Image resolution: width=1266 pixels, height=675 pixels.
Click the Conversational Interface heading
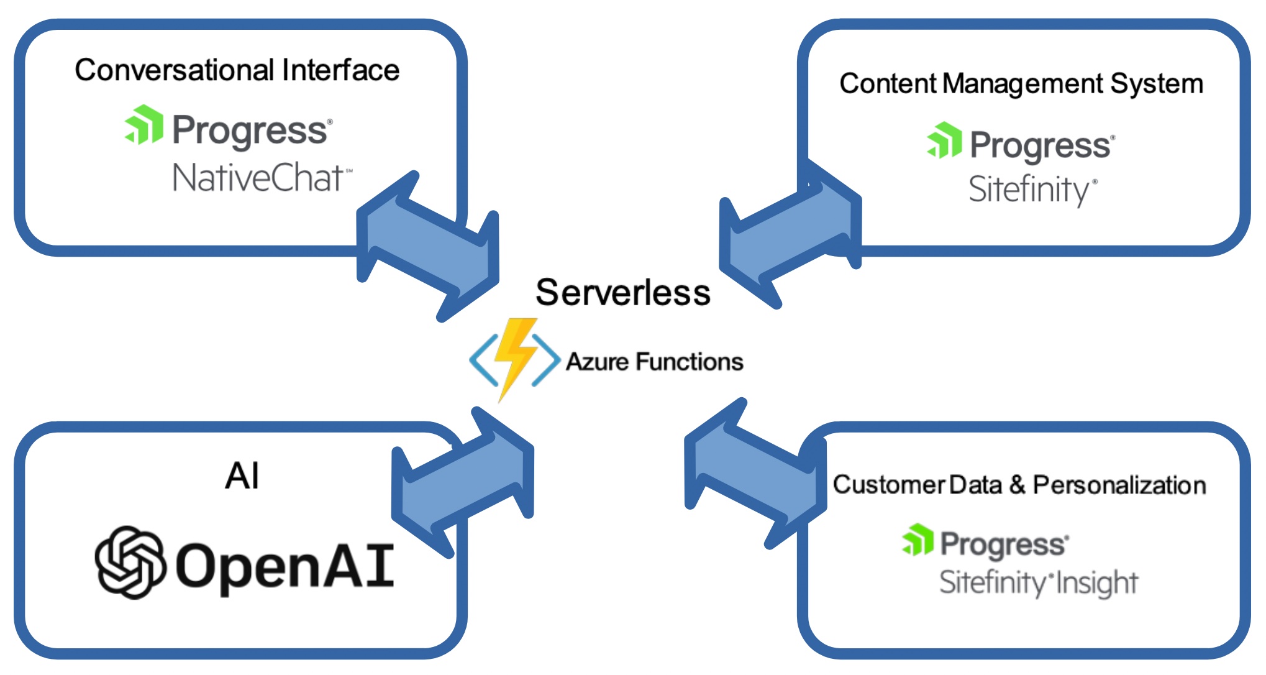(237, 70)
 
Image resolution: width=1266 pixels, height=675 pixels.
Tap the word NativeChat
(258, 178)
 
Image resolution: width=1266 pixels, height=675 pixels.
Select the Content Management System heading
(1021, 83)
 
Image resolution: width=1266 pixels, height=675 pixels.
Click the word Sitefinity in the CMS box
(1028, 189)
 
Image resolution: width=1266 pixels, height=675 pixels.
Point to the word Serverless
(622, 292)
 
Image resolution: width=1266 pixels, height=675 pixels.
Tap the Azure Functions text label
(654, 362)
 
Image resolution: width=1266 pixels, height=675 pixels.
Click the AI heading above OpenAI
(242, 476)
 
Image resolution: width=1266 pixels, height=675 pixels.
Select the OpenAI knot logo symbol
(130, 562)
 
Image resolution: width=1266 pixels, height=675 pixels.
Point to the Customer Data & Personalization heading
(1019, 485)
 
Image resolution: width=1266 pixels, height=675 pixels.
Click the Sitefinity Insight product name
(1038, 582)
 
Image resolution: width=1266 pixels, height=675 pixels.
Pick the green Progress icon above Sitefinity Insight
(918, 540)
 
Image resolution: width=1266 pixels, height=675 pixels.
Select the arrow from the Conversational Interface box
(427, 247)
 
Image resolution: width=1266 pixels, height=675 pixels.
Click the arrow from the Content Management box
(790, 234)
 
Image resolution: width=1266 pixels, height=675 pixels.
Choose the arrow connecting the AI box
(463, 482)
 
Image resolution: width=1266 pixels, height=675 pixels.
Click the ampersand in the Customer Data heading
(1017, 485)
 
